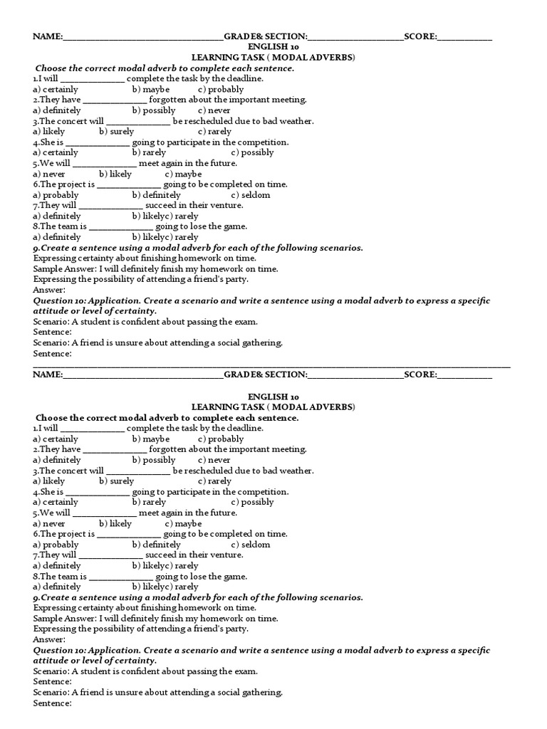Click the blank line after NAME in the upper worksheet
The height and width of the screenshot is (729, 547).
(143, 38)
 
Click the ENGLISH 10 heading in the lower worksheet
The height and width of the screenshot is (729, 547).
(273, 397)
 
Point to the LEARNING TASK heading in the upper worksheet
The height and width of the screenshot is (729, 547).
(273, 58)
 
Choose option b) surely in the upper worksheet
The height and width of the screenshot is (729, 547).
(117, 132)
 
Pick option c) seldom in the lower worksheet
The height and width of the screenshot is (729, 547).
(251, 545)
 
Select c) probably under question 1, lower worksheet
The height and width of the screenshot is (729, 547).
(221, 439)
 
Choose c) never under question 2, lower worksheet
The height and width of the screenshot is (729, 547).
(214, 460)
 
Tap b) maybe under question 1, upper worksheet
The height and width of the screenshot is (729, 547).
(150, 90)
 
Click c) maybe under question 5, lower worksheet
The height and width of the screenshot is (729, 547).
(184, 523)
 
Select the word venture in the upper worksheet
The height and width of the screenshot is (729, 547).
(226, 205)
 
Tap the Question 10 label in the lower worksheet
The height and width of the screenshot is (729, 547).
(63, 651)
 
